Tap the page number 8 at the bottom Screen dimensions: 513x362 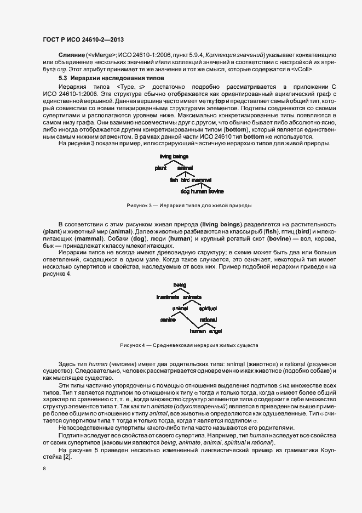point(44,469)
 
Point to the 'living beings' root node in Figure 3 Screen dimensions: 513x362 point(174,156)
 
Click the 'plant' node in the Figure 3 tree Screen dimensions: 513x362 point(160,168)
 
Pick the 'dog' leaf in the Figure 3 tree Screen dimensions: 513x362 point(185,191)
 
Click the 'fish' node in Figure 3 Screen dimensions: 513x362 point(174,179)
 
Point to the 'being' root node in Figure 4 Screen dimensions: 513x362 point(180,285)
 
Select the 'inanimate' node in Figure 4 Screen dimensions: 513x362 point(168,297)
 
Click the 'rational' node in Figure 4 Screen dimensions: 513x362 point(208,320)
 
